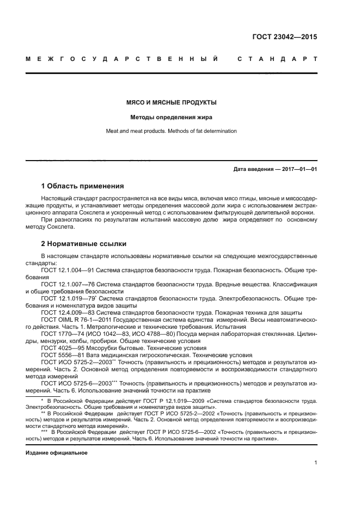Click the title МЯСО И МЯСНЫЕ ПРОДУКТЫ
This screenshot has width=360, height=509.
click(172, 102)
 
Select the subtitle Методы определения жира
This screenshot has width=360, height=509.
click(172, 116)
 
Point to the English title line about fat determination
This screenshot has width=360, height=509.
click(172, 131)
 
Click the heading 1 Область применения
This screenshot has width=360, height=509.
click(82, 186)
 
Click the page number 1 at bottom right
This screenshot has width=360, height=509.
click(316, 463)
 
